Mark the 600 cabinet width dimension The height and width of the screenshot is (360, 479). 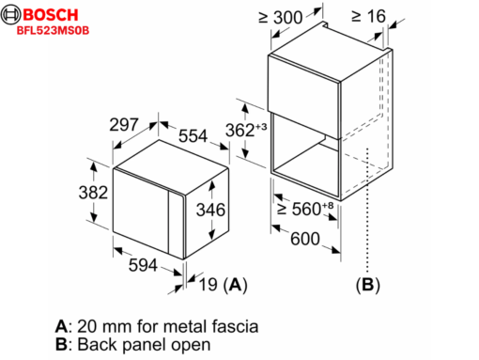[x=306, y=240]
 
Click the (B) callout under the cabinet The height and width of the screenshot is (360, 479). [x=368, y=283]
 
